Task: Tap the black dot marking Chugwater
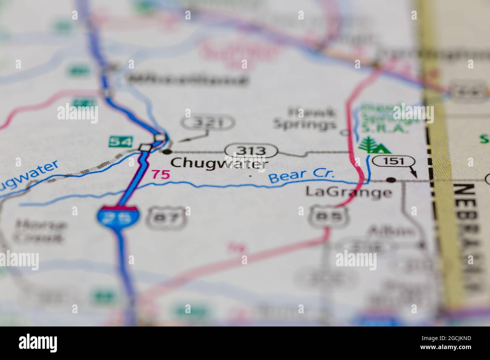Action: click(x=167, y=152)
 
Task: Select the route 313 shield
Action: click(x=251, y=151)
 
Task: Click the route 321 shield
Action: click(x=208, y=122)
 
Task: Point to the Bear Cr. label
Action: click(x=302, y=176)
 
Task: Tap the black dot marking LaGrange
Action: click(x=392, y=180)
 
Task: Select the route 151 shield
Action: click(x=394, y=162)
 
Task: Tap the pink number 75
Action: click(x=161, y=174)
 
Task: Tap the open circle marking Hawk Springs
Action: click(x=344, y=133)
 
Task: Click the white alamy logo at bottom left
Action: click(x=38, y=343)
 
